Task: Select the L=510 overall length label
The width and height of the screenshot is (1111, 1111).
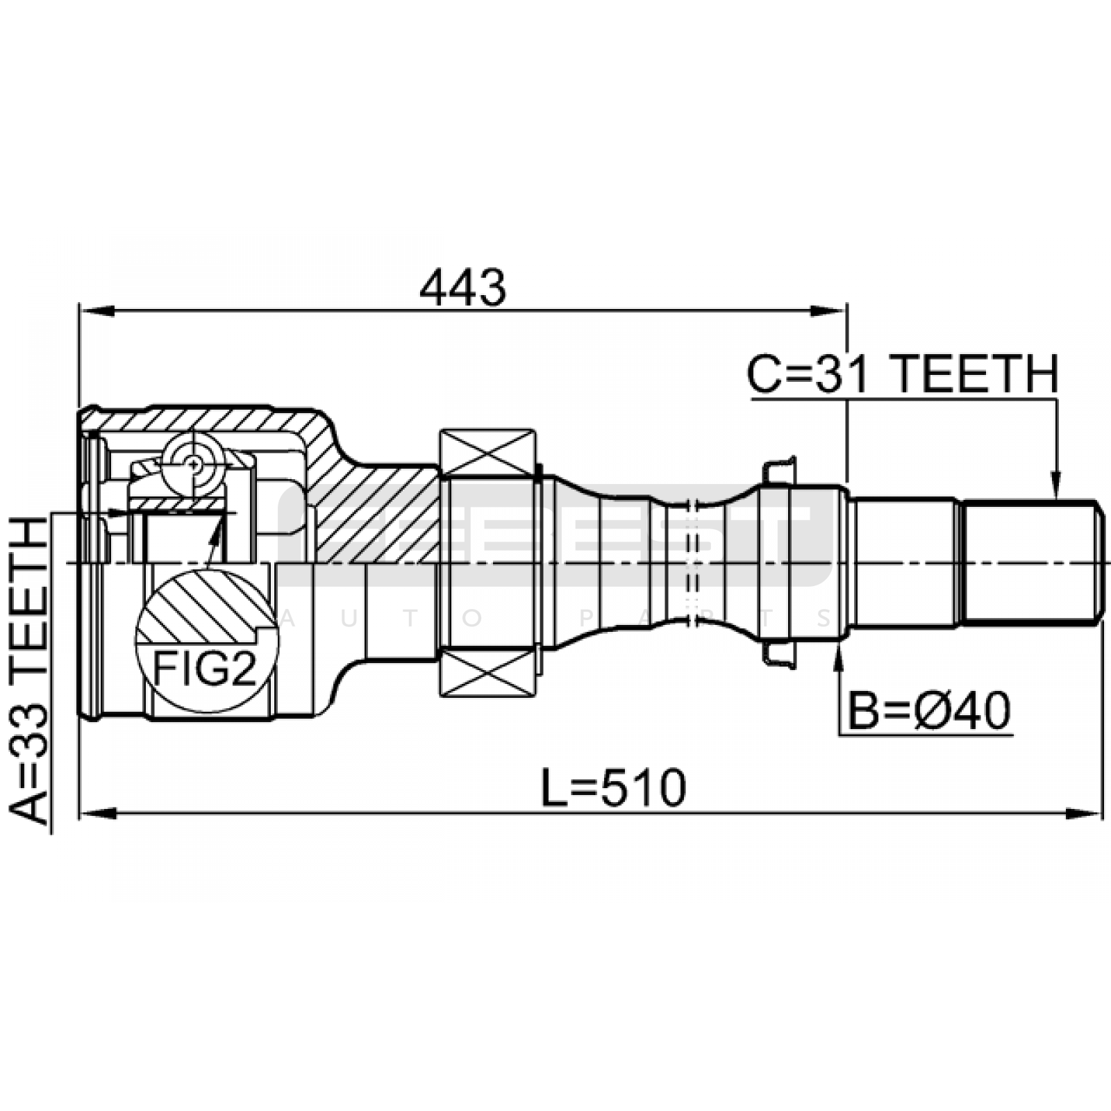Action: (x=614, y=787)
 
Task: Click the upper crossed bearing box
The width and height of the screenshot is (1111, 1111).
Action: (x=489, y=453)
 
